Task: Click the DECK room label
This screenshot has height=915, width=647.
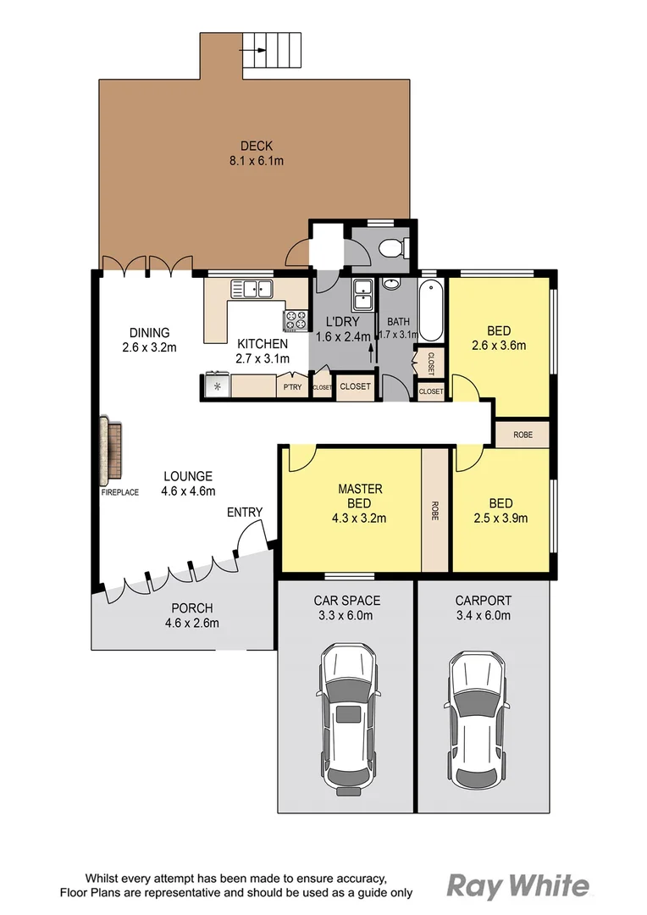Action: [x=256, y=146]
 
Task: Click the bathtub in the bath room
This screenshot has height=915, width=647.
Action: [x=431, y=306]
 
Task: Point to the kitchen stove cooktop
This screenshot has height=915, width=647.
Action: [x=296, y=320]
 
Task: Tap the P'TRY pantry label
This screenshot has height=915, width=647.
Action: [x=292, y=387]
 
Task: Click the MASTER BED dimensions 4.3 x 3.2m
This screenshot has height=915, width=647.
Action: [x=361, y=518]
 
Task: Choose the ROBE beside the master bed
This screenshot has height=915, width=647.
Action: [x=435, y=510]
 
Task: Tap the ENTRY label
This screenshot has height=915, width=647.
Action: [x=245, y=513]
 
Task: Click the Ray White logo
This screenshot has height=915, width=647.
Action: [x=517, y=886]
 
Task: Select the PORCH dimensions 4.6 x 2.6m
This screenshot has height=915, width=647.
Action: [x=191, y=624]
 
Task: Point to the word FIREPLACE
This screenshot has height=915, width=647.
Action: [x=119, y=492]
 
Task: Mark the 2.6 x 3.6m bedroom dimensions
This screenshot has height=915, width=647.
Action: [x=498, y=345]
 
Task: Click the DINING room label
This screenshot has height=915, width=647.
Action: [x=150, y=332]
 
